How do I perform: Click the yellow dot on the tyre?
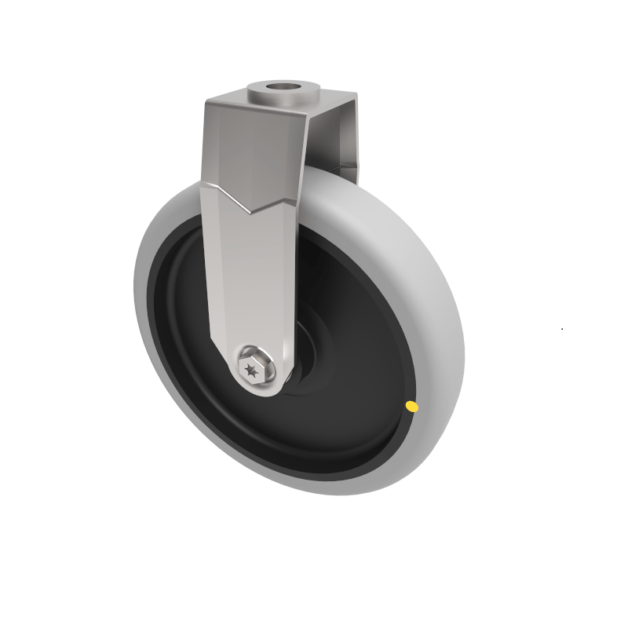411,406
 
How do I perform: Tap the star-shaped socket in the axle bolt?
252,368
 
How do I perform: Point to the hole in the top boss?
284,86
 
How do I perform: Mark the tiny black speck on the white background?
562,328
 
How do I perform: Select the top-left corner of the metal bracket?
207,102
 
